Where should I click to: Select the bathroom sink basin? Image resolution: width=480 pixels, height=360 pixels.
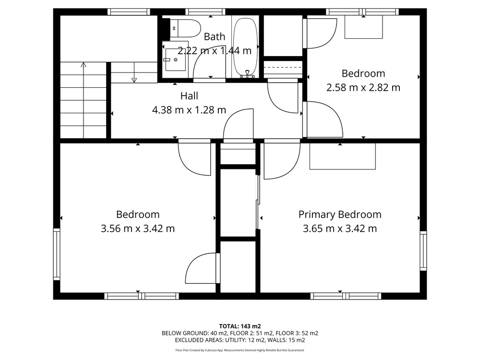175,60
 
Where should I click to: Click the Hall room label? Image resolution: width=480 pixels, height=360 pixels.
189,96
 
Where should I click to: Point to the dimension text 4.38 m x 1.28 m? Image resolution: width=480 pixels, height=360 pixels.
189,109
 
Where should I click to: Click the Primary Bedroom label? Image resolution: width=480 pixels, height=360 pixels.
340,215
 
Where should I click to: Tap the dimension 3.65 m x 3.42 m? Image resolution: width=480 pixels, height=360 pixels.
340,228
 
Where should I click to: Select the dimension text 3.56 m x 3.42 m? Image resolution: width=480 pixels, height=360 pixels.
138,228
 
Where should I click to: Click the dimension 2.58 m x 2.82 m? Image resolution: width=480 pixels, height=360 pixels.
363,87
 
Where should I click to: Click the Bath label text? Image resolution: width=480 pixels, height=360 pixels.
214,37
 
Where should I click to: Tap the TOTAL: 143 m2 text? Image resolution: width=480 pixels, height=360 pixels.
240,326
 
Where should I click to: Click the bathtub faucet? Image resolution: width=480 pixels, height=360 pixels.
247,74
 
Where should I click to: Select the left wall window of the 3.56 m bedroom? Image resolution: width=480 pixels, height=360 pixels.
57,254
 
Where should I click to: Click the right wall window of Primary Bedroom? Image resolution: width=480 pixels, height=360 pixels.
423,251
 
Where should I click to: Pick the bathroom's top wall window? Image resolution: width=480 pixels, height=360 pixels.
205,12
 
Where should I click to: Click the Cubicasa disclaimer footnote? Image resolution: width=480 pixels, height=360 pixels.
240,350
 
